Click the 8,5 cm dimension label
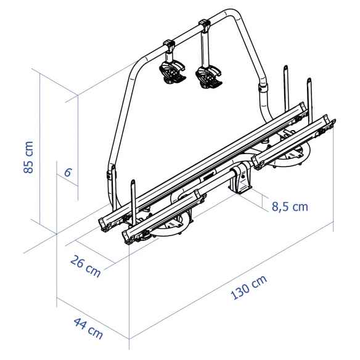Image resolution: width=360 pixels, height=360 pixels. [x=289, y=207]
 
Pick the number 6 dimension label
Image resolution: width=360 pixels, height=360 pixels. [x=68, y=173]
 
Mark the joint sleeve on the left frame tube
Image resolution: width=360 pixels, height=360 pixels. [x=112, y=172]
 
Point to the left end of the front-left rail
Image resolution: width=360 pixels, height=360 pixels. [x=127, y=238]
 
